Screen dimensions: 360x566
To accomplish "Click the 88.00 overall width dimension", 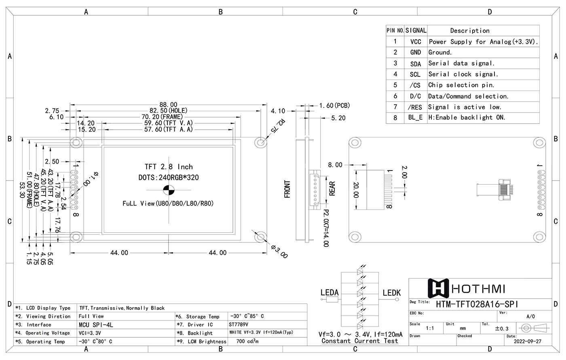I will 168,105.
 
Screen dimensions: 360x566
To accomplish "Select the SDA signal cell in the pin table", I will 415,64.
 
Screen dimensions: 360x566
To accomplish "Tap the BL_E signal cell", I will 415,118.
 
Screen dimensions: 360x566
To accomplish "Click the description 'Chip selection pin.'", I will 461,85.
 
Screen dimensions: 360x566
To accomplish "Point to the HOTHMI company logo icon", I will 438,288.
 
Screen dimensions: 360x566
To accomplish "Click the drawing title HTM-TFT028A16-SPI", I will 477,304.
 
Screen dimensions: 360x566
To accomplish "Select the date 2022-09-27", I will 527,341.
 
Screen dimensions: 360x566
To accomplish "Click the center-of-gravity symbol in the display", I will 169,190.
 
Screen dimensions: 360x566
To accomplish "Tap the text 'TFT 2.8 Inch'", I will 169,167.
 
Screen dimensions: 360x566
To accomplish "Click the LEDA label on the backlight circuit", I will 329,293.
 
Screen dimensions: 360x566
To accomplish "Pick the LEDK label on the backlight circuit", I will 391,293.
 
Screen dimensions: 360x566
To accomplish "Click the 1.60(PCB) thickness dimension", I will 334,106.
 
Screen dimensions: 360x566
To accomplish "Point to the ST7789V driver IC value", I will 239,324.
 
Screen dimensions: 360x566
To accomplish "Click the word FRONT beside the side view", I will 287,189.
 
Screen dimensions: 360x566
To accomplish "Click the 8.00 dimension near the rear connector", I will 335,165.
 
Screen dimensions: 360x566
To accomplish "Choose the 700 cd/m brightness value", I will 247,341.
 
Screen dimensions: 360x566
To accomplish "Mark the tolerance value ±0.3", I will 502,328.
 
